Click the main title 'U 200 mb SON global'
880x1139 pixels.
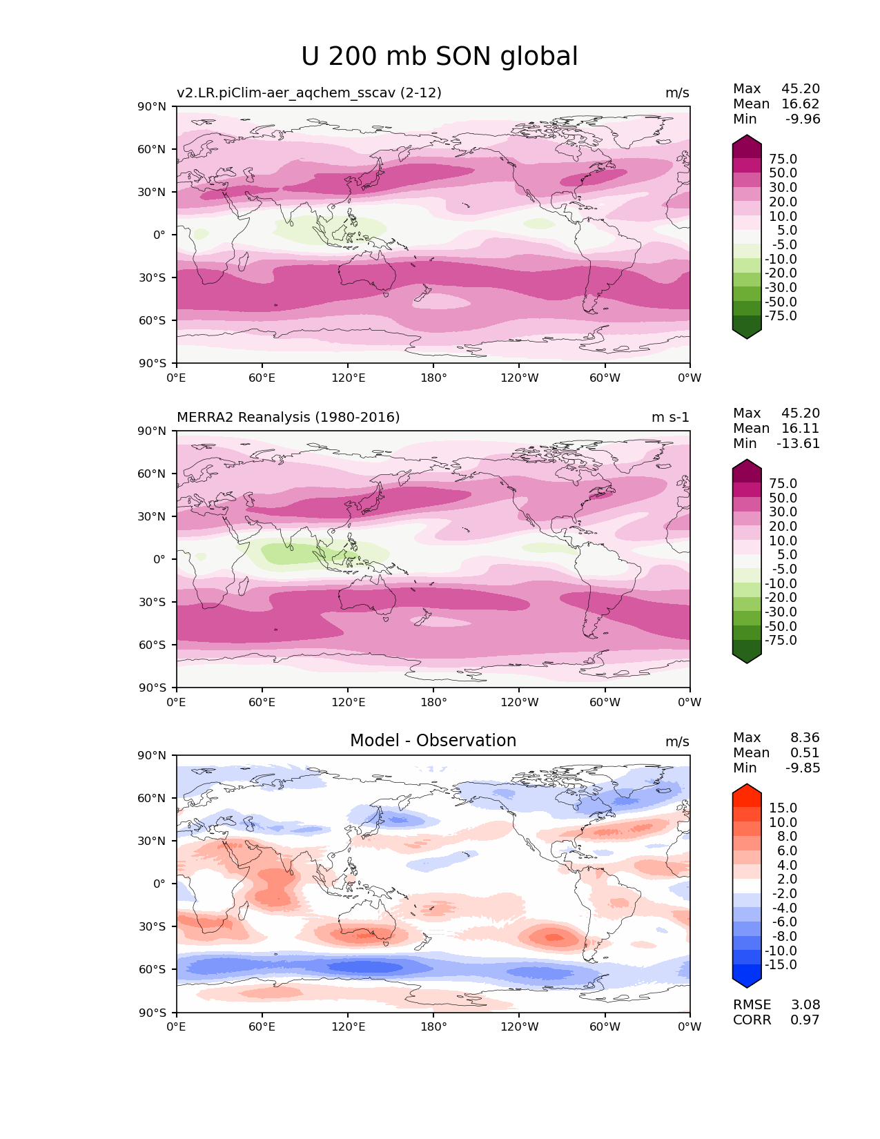click(439, 57)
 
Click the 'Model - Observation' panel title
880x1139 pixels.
click(433, 741)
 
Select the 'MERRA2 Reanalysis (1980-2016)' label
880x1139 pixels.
click(288, 418)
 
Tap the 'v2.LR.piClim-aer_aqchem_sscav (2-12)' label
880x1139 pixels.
click(309, 93)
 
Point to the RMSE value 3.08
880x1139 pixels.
click(805, 1005)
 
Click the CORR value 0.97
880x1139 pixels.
click(805, 1020)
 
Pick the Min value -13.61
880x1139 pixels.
click(799, 444)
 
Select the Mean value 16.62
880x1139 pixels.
click(801, 104)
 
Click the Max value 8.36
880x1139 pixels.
click(805, 738)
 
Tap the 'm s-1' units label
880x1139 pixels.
click(670, 418)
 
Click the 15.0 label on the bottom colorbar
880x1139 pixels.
click(783, 808)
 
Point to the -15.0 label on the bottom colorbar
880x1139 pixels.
click(781, 965)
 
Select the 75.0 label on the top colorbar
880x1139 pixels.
click(783, 159)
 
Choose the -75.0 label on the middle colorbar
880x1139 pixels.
click(781, 641)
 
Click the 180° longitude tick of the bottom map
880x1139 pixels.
click(433, 1027)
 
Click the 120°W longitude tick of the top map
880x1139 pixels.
click(519, 378)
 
